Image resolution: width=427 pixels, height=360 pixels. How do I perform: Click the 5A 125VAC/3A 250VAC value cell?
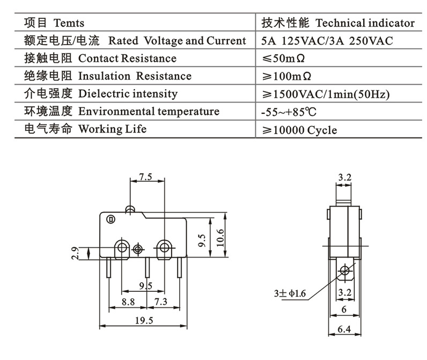[x=328, y=41]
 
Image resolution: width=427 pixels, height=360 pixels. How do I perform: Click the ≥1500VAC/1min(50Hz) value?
[x=326, y=94]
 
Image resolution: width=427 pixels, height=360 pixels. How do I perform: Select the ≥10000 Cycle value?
[x=299, y=130]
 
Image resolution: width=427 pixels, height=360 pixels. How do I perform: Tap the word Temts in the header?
[x=69, y=23]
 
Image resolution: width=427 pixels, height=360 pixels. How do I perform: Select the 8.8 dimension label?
[x=128, y=302]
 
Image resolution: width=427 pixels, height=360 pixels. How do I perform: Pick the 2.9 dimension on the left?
[x=76, y=253]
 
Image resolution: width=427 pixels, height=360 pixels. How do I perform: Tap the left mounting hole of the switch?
[x=122, y=247]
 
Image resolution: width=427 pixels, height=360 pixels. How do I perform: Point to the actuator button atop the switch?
[x=129, y=207]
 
